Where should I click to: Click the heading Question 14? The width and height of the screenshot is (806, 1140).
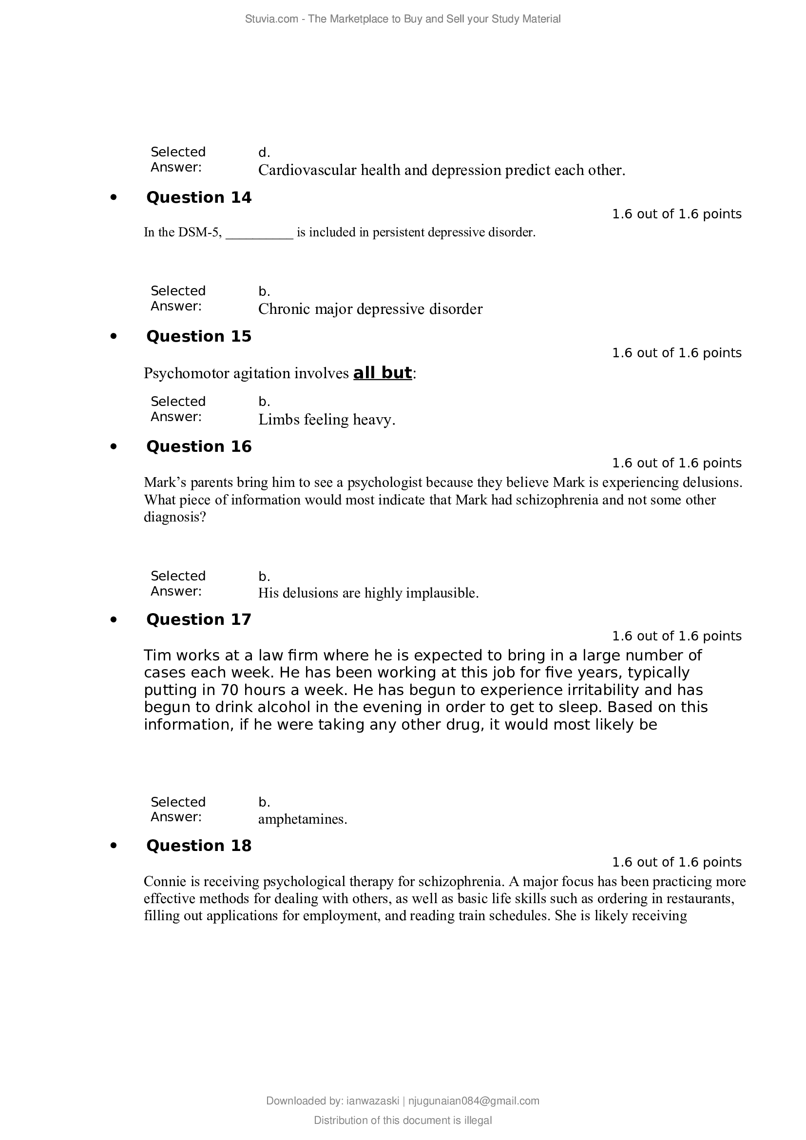[198, 197]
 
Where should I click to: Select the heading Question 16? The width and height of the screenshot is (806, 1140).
[198, 446]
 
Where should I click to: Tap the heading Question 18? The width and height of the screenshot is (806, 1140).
[198, 846]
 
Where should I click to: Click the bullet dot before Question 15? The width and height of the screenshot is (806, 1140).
[114, 337]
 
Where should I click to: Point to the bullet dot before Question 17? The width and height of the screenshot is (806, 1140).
[114, 619]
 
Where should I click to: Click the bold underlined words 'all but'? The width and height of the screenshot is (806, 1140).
[382, 373]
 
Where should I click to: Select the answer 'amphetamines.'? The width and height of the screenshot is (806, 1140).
[302, 819]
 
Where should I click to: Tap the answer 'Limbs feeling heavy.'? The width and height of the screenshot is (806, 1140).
[326, 420]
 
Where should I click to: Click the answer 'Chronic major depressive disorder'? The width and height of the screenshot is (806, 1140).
[370, 309]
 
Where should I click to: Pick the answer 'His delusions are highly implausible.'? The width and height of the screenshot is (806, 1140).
[368, 593]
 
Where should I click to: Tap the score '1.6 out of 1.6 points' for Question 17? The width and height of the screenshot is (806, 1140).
[676, 636]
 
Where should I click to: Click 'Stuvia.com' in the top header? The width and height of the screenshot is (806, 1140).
[271, 19]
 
